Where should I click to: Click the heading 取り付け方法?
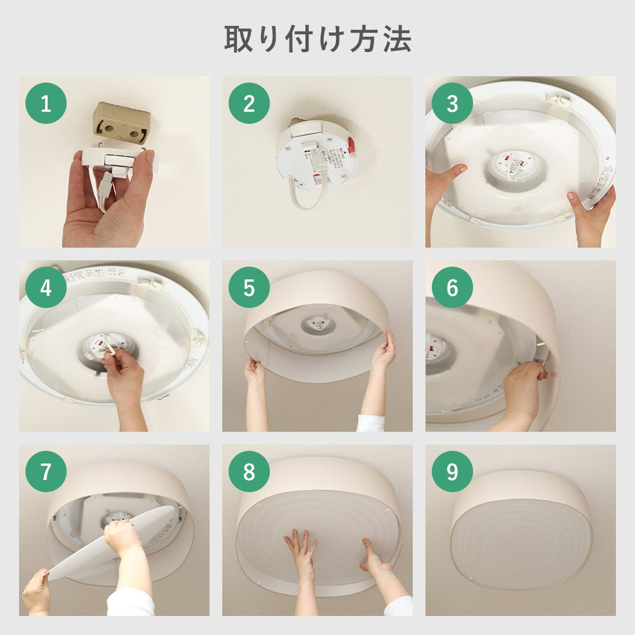[317, 39]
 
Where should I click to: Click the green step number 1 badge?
[46, 103]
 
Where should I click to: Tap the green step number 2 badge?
[249, 103]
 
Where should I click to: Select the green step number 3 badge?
[452, 103]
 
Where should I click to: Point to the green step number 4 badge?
[46, 287]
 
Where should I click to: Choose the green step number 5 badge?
[249, 287]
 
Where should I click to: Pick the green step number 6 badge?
[452, 287]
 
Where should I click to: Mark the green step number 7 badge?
[46, 471]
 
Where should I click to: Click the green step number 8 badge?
[249, 471]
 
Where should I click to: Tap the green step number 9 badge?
[452, 471]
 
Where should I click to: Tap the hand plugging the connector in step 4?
[124, 378]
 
